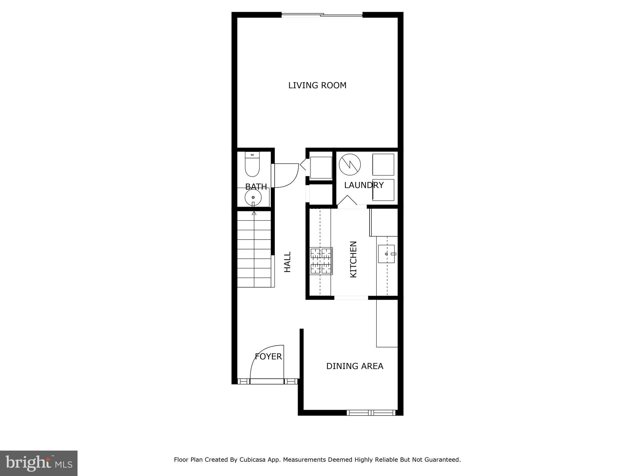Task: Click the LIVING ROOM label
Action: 317,85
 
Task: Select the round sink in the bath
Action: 253,197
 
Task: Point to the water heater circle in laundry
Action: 350,165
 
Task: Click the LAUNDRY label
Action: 364,185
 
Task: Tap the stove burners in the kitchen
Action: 321,261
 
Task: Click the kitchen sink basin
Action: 386,254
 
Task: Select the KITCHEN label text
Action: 353,259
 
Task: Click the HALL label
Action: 288,262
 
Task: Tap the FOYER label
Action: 268,357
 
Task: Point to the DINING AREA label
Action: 355,366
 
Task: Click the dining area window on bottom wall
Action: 371,412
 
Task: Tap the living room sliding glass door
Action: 322,15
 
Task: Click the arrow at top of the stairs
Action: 254,213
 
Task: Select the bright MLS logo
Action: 39,463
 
